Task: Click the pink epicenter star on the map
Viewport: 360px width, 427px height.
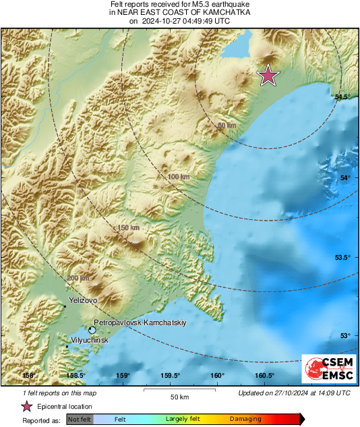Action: click(269, 76)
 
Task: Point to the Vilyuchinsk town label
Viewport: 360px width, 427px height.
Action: click(89, 341)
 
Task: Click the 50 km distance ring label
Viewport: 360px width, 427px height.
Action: click(227, 125)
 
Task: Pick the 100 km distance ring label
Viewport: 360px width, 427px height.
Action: click(177, 176)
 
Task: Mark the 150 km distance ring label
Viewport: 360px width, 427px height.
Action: click(128, 228)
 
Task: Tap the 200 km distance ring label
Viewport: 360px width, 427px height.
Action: click(79, 278)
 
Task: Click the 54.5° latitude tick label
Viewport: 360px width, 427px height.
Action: click(343, 97)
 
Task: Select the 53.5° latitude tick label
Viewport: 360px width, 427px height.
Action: click(343, 257)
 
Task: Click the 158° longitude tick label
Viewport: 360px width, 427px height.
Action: click(28, 376)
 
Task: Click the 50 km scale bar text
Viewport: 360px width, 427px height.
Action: click(179, 397)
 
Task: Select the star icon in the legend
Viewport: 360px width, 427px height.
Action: click(26, 406)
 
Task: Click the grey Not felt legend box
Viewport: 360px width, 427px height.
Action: click(80, 420)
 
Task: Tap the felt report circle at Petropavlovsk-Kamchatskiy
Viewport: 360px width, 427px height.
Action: click(92, 330)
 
